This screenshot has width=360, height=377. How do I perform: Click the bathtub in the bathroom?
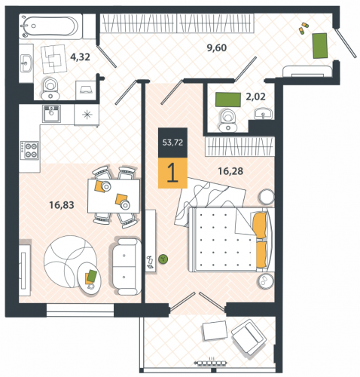point(50,26)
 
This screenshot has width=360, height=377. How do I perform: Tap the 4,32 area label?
point(80,57)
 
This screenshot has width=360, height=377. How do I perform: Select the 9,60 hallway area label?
point(217,48)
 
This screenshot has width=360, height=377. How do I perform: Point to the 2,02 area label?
point(255,97)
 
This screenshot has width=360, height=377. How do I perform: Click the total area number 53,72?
point(172,143)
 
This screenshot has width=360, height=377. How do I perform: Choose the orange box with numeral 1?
point(172,173)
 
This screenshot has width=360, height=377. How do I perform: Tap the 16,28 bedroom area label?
point(230,171)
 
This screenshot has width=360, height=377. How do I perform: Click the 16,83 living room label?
point(62,205)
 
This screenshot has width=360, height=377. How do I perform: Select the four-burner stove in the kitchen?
point(29,150)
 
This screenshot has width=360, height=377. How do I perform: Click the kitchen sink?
point(51,114)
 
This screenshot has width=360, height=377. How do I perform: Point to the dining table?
point(114,196)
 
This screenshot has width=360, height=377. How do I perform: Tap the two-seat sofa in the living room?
point(125,266)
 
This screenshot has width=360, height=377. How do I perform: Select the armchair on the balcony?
point(249,338)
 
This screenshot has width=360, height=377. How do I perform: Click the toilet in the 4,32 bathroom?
point(50,88)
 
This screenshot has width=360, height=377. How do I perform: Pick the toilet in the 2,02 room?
point(228,121)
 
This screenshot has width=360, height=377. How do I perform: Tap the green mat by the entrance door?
point(320,46)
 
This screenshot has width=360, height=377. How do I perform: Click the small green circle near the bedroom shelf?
point(163,259)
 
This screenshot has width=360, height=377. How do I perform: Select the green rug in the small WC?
point(228,100)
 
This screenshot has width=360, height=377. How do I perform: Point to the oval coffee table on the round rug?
point(90,278)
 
